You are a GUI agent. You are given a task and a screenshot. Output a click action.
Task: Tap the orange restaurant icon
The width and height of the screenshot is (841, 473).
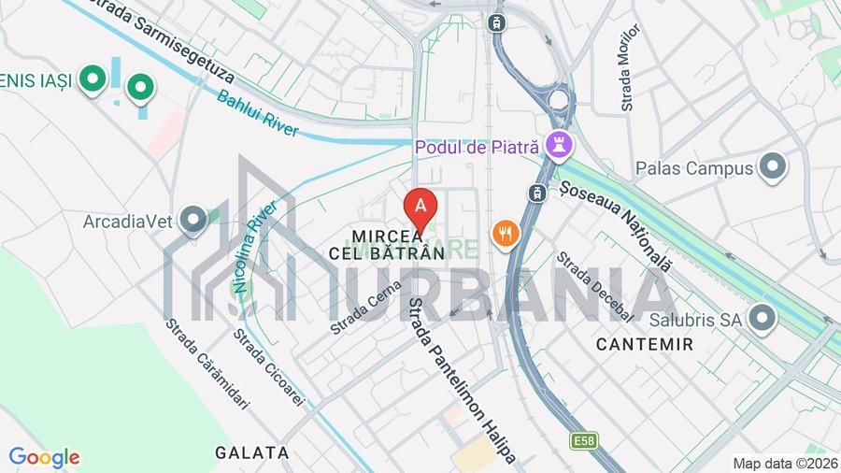(506, 234)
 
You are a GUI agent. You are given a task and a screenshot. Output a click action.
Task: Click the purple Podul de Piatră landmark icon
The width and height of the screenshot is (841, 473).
(561, 146)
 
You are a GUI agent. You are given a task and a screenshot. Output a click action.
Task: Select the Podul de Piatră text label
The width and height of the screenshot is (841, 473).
(478, 147)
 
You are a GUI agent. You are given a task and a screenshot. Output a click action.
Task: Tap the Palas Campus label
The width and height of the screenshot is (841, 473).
(694, 168)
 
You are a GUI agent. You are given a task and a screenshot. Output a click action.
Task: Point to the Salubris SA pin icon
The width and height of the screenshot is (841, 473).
(763, 319)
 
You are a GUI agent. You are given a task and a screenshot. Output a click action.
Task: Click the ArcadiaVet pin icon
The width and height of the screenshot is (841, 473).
(194, 221)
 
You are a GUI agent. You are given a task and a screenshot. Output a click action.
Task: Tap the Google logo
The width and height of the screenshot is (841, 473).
(44, 458)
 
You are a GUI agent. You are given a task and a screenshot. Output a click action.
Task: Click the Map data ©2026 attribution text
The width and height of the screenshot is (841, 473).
(785, 464)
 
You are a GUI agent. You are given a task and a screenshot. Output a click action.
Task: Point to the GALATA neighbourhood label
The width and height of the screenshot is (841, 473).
(252, 452)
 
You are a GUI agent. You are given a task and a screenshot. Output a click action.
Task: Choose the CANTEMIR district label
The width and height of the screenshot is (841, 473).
(645, 344)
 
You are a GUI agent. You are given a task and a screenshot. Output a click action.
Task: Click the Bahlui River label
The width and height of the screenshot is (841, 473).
(258, 112)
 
